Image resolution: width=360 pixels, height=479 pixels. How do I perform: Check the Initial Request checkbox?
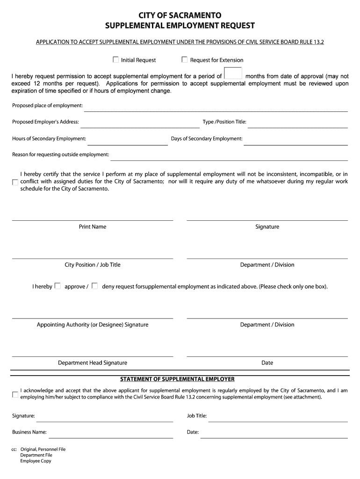[x=115, y=60]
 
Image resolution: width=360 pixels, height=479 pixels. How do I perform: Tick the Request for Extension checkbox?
[x=185, y=60]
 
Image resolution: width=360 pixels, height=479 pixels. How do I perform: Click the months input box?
[x=233, y=74]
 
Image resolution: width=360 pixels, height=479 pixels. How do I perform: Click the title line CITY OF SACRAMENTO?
[x=180, y=16]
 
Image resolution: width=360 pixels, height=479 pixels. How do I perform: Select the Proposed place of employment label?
[x=47, y=105]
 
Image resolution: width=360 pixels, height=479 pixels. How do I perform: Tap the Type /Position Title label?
[x=224, y=122]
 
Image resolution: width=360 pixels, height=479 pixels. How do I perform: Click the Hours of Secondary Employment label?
[x=49, y=138]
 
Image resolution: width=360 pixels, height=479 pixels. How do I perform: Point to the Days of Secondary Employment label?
[x=207, y=138]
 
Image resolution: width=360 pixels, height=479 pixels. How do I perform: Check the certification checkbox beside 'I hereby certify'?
[x=15, y=182]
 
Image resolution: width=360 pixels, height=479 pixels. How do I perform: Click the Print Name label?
[x=93, y=227]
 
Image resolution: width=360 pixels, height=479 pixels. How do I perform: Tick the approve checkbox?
[x=58, y=286]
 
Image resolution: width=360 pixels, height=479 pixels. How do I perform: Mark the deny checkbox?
[x=94, y=286]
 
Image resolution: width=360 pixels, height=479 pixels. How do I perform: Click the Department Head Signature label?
[x=93, y=363]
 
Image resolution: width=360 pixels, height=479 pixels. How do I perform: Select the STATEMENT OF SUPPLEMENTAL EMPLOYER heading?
[x=177, y=379]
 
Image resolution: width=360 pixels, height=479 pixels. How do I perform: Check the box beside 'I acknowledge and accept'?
[x=15, y=394]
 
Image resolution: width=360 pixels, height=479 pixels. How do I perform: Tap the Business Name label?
[x=29, y=432]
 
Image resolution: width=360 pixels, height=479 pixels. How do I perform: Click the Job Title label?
[x=197, y=415]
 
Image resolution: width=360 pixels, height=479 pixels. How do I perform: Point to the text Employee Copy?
[x=36, y=461]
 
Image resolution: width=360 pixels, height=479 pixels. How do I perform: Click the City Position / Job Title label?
[x=93, y=265]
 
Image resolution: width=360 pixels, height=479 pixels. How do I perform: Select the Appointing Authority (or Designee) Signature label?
[x=93, y=325]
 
